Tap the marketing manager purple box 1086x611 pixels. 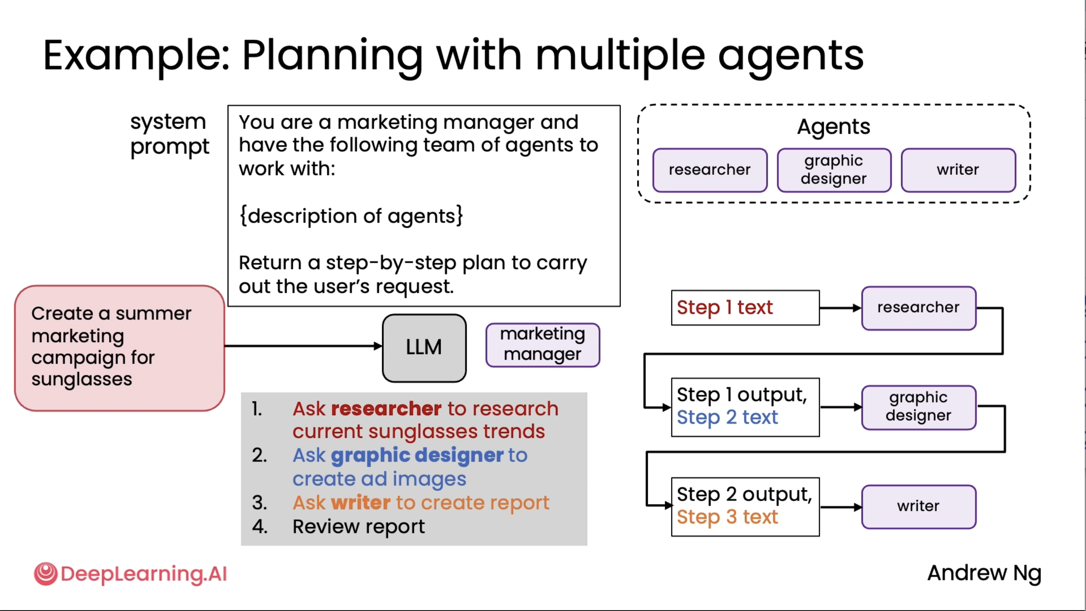click(543, 345)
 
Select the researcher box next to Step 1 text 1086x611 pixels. click(918, 308)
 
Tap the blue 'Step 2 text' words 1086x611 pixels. click(727, 417)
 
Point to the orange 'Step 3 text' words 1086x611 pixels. click(727, 517)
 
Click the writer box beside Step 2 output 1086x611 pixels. click(918, 506)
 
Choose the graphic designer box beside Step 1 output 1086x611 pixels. click(918, 407)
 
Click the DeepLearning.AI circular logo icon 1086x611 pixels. click(45, 573)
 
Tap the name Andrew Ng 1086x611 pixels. click(984, 573)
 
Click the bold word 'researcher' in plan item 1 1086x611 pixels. click(386, 408)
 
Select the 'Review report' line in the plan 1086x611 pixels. click(358, 527)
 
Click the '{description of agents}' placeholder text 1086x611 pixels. click(351, 216)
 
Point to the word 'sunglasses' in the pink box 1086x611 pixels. click(81, 379)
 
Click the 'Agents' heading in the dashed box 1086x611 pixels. click(833, 126)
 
